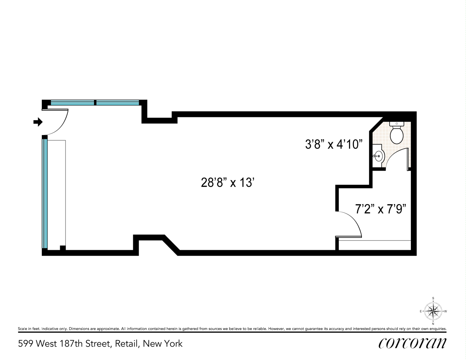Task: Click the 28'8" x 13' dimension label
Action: pos(228,183)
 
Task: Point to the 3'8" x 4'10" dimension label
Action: pos(333,144)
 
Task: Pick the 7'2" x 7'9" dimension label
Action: pos(381,209)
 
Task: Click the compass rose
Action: pos(433,311)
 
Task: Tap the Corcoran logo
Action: pos(412,343)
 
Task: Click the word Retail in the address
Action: pos(126,344)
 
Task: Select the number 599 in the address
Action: pos(26,344)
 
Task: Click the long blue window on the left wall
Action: pos(45,194)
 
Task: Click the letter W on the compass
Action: pos(445,311)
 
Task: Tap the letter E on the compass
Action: pos(421,311)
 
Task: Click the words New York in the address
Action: pos(163,344)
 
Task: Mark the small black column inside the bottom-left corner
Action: pos(63,248)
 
